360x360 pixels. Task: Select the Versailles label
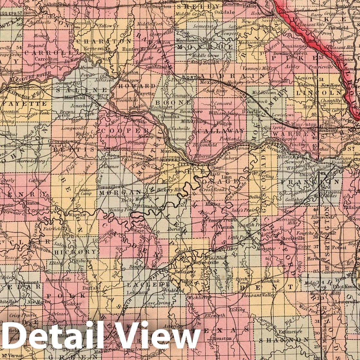109,187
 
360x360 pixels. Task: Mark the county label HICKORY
75,252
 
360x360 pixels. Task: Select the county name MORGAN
116,193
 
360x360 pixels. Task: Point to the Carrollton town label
43,59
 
